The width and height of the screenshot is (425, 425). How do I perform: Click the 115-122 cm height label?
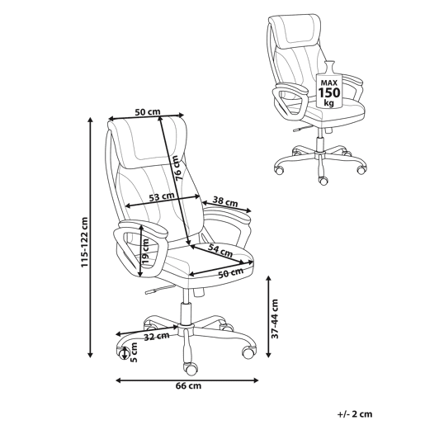click(x=84, y=243)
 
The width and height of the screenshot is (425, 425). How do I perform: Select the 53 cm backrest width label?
click(x=162, y=196)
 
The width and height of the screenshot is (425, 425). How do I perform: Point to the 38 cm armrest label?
click(x=225, y=202)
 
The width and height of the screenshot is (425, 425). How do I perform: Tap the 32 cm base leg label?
click(x=157, y=337)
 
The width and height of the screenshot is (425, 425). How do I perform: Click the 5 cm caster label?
click(x=134, y=352)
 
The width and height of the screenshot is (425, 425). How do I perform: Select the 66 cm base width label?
click(x=188, y=386)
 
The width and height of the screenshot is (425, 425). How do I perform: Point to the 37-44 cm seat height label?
click(x=275, y=319)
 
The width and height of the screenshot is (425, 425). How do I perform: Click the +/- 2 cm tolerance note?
click(x=355, y=414)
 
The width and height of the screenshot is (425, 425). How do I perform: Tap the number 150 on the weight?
click(x=329, y=92)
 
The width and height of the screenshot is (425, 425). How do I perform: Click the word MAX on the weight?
click(x=329, y=83)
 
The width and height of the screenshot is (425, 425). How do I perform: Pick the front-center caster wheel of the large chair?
click(x=191, y=368)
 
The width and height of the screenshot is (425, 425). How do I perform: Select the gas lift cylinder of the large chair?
click(x=186, y=313)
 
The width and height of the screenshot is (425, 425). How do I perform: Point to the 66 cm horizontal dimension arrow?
click(x=187, y=380)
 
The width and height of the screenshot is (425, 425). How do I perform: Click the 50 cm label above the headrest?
click(x=148, y=112)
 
